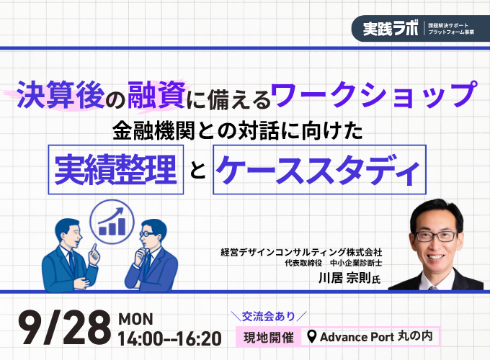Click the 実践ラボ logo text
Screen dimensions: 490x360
[x=391, y=29]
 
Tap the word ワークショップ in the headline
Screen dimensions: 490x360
[x=374, y=94]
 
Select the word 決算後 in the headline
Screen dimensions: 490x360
[x=61, y=94]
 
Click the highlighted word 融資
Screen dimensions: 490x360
[x=157, y=94]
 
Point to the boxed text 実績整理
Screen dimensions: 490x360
[x=115, y=169]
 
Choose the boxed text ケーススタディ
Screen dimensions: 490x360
[x=318, y=170]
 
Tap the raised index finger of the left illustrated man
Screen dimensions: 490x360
[x=93, y=248]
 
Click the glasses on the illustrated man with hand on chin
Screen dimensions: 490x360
[x=146, y=233]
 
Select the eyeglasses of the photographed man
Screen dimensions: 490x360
[x=436, y=236]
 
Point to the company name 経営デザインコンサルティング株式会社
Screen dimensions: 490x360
[x=301, y=252]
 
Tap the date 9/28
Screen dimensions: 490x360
[x=65, y=328]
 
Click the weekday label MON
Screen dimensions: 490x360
[x=136, y=319]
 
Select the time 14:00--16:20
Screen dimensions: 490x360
[x=170, y=339]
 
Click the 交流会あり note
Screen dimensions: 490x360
[x=269, y=316]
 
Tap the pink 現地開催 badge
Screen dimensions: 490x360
[x=269, y=337]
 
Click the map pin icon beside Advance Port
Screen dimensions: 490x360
[x=311, y=336]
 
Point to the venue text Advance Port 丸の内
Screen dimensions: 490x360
[x=376, y=336]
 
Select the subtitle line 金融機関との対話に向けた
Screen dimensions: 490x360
[x=238, y=130]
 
